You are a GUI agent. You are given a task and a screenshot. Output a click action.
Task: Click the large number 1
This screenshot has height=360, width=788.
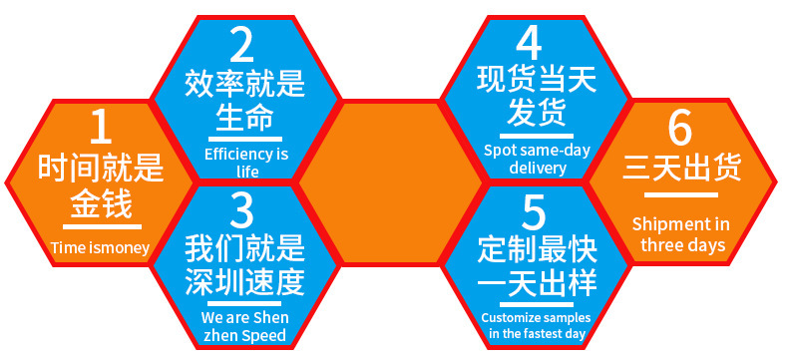coord(100,128)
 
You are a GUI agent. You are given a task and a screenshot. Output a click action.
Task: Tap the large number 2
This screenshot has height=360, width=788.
coord(243,45)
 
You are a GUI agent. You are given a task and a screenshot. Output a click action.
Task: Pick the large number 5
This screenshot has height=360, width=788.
coord(534,211)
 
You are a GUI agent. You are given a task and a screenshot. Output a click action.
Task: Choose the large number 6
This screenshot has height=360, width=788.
coord(680,128)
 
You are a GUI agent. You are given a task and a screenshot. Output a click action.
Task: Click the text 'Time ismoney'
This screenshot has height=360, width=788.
coord(100,248)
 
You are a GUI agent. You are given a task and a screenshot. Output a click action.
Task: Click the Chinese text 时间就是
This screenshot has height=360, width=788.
coord(100,170)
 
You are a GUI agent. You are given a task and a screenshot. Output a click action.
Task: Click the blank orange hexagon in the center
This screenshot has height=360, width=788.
coord(385,180)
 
